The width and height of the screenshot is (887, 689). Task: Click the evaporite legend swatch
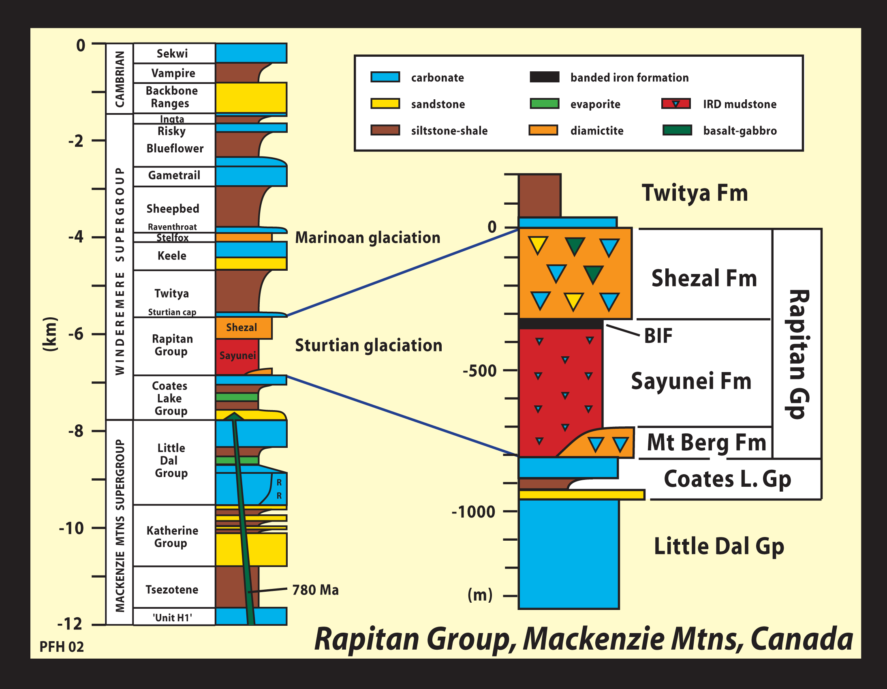(x=544, y=104)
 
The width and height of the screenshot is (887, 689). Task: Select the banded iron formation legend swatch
(x=544, y=77)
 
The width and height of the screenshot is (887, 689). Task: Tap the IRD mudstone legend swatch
(x=676, y=104)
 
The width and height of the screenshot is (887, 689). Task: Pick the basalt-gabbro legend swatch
(x=677, y=130)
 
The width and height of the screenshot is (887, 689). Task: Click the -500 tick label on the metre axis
(x=480, y=371)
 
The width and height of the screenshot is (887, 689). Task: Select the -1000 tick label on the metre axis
(x=474, y=512)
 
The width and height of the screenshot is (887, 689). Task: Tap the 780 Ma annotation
(x=316, y=590)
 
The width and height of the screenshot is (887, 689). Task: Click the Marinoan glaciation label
(x=368, y=238)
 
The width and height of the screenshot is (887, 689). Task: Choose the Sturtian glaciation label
(x=368, y=345)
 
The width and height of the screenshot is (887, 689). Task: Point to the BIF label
(x=658, y=336)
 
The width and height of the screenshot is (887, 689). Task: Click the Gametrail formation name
(x=174, y=175)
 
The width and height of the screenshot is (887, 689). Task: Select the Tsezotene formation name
(x=172, y=589)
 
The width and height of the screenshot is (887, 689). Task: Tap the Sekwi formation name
(x=172, y=53)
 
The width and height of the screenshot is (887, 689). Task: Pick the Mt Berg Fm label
(x=706, y=443)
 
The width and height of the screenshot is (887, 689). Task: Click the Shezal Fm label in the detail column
(x=704, y=279)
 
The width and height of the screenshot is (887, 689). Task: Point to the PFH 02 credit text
(x=61, y=646)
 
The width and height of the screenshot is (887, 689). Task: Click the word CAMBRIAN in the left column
(x=120, y=79)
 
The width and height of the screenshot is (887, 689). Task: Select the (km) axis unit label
(x=50, y=334)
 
